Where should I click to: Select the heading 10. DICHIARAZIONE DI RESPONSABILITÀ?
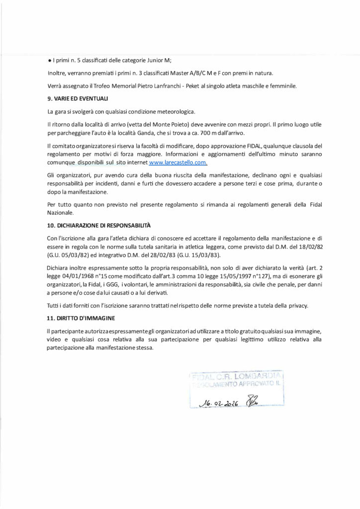92,225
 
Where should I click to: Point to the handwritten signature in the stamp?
254,401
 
